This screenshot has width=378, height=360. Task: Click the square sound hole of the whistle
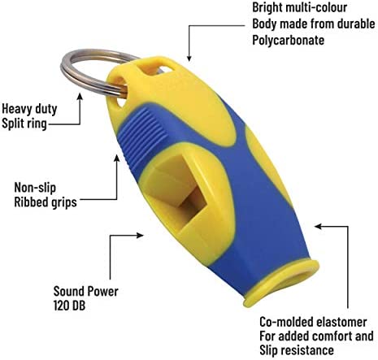point(180,189)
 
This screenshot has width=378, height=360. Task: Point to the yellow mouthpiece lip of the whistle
point(282,287)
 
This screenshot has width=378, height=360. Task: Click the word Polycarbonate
point(289,40)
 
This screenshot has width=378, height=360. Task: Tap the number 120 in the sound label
point(62,306)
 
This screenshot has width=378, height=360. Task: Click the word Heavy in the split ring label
point(15,110)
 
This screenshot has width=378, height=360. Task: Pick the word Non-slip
point(35,188)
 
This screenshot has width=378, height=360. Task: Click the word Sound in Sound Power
point(67,292)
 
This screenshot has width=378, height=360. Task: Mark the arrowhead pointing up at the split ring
point(80,97)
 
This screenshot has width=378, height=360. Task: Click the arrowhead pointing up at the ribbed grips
point(116,158)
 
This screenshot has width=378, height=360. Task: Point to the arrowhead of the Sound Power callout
point(140,235)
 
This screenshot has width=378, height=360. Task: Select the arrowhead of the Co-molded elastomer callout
point(319,226)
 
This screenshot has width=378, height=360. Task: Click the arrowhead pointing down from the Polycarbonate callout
point(189,58)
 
